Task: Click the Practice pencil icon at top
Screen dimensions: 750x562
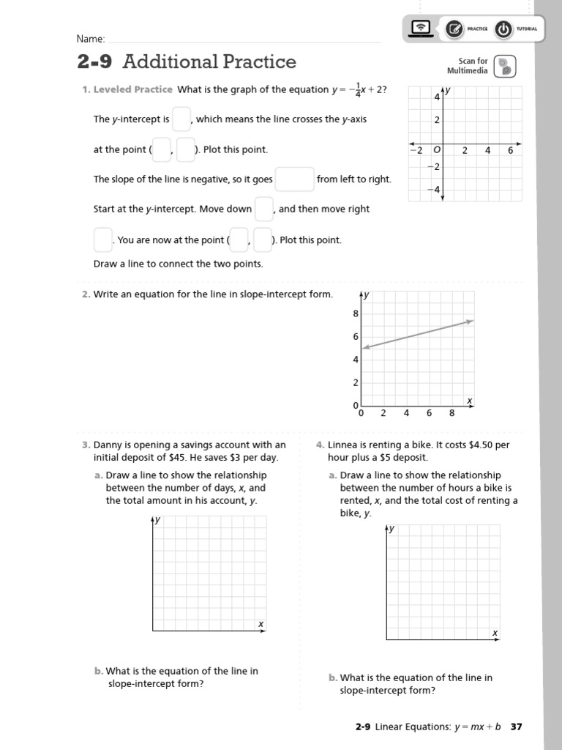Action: (454, 29)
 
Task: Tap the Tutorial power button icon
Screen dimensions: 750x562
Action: (503, 29)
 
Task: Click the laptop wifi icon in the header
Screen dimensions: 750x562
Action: (421, 29)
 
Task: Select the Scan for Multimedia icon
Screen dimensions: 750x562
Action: (504, 66)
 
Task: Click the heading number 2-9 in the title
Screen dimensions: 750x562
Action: (94, 62)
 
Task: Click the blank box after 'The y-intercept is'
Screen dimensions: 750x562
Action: (181, 119)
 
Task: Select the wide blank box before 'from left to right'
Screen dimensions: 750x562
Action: (294, 179)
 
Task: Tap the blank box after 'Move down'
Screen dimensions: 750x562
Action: (263, 209)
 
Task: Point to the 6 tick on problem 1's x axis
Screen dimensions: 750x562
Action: (511, 150)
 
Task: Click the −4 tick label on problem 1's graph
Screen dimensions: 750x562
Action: (432, 190)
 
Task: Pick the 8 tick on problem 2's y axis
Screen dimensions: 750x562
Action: (356, 313)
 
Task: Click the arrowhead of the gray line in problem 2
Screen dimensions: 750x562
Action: (471, 321)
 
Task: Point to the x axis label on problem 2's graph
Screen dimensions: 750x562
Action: (470, 401)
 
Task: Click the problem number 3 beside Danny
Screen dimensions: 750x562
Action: (86, 445)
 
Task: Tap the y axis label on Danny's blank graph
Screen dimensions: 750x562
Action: (157, 519)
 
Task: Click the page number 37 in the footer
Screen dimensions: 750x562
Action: (516, 727)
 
